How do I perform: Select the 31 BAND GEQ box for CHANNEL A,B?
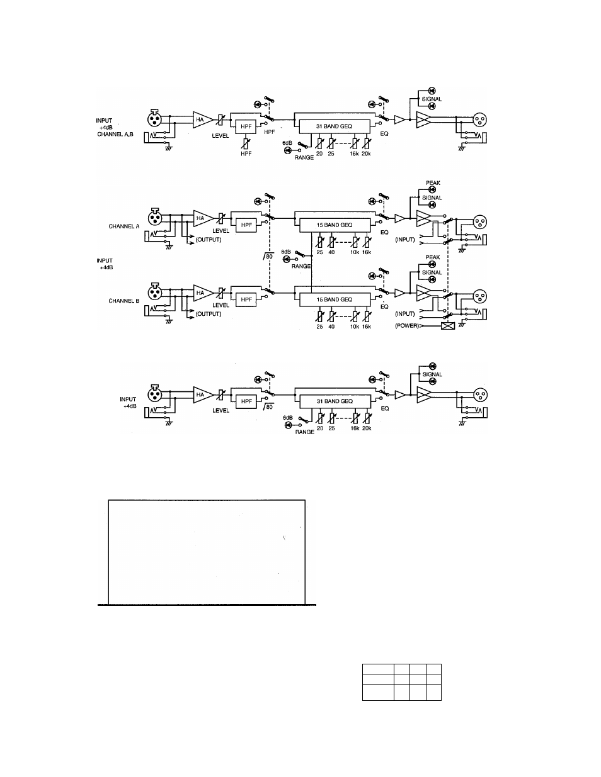(x=334, y=126)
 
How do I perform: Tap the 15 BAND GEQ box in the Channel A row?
(x=334, y=225)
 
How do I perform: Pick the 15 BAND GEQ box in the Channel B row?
(x=334, y=299)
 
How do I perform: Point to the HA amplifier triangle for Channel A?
(x=202, y=218)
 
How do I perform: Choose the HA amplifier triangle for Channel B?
(x=202, y=293)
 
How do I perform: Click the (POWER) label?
(x=408, y=326)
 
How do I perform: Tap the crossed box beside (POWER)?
(x=448, y=326)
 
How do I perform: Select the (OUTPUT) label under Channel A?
(x=208, y=240)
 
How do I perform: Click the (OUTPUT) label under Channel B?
(x=208, y=314)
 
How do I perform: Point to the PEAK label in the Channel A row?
(x=433, y=183)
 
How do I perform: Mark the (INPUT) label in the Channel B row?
(x=405, y=313)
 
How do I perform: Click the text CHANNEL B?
(x=123, y=301)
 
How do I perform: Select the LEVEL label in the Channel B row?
(x=220, y=305)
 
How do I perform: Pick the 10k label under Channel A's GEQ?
(x=355, y=252)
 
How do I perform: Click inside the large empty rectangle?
(x=207, y=551)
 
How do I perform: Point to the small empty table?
(x=402, y=682)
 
